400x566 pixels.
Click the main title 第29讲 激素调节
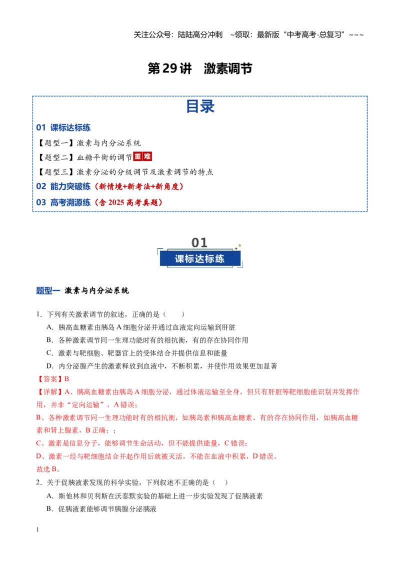click(200, 68)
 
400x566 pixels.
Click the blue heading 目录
click(200, 106)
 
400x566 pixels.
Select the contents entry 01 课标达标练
click(63, 127)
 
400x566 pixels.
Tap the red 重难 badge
click(142, 156)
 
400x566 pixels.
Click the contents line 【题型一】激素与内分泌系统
click(89, 143)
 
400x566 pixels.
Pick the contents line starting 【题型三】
click(125, 172)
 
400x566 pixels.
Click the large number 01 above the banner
click(199, 242)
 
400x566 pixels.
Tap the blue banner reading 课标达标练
click(200, 259)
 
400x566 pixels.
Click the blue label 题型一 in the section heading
click(48, 290)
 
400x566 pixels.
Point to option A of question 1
click(141, 327)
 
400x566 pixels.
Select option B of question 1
click(147, 340)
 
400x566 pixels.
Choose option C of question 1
click(137, 353)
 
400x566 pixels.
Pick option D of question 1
click(161, 366)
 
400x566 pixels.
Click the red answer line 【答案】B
click(52, 379)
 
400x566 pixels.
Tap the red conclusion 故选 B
click(48, 469)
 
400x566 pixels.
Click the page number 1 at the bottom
click(37, 529)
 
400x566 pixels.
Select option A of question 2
click(154, 496)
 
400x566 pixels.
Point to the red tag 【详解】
click(50, 392)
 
